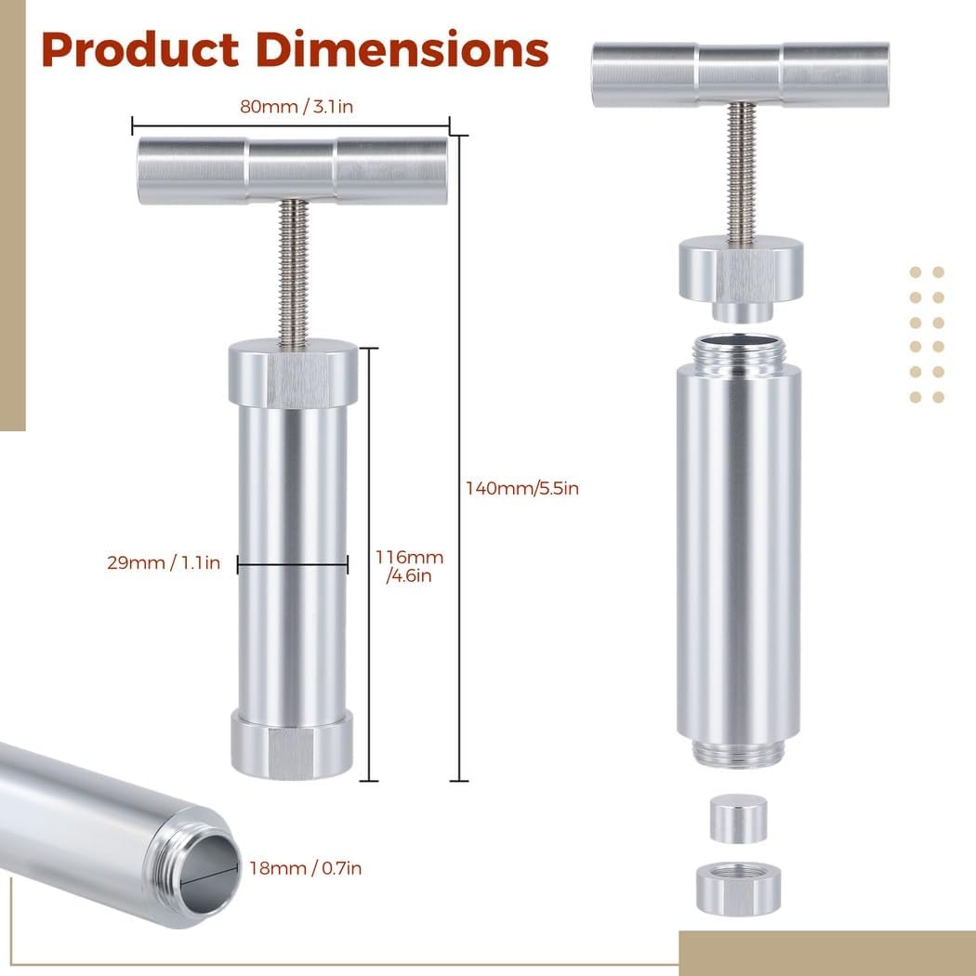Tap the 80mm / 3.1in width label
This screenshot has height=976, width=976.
click(297, 107)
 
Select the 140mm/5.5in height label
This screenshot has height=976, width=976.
click(522, 488)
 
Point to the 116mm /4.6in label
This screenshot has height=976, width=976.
click(409, 566)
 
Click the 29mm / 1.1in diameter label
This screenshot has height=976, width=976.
click(164, 562)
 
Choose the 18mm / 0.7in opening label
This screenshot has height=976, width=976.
click(305, 867)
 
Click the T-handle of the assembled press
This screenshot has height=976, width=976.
click(293, 170)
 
